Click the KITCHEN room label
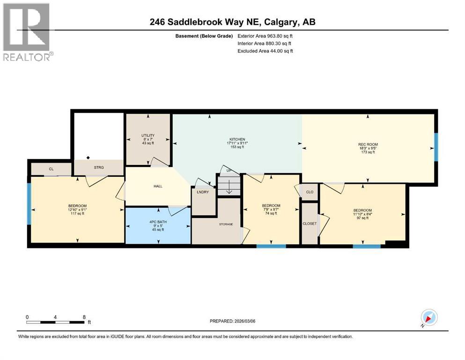click(x=237, y=139)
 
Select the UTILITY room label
click(x=148, y=135)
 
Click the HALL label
click(x=158, y=186)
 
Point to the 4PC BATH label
click(x=158, y=221)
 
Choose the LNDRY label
click(x=203, y=192)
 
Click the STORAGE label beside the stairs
click(x=226, y=225)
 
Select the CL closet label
click(x=51, y=169)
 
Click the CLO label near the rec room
click(x=310, y=192)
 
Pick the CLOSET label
click(x=310, y=224)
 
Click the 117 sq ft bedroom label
click(x=77, y=206)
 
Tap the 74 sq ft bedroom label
click(x=271, y=206)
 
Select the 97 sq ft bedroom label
click(x=362, y=210)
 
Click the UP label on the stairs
click(x=229, y=171)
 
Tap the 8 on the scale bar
click(x=84, y=317)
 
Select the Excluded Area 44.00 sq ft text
click(x=266, y=51)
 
